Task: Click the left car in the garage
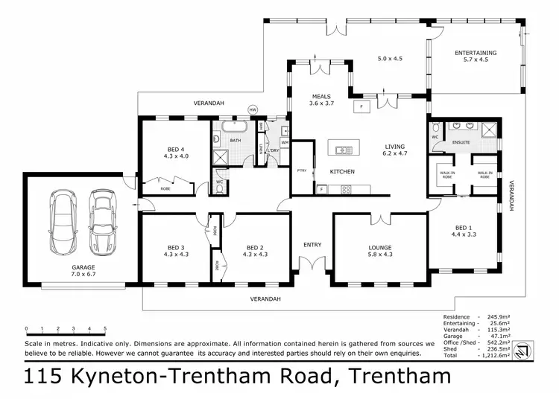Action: click(x=62, y=221)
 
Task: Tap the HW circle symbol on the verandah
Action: click(x=252, y=109)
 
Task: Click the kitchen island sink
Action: click(x=344, y=150)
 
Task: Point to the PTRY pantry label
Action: click(x=302, y=169)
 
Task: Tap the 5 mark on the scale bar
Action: click(x=105, y=328)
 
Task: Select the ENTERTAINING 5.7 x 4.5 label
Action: click(x=476, y=56)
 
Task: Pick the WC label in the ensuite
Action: click(x=435, y=137)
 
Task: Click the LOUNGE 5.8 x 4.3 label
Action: click(x=379, y=252)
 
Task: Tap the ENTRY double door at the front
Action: click(x=311, y=264)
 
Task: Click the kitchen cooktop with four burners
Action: click(x=346, y=189)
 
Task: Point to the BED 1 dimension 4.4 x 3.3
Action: click(x=463, y=234)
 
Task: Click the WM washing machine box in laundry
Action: click(x=285, y=142)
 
